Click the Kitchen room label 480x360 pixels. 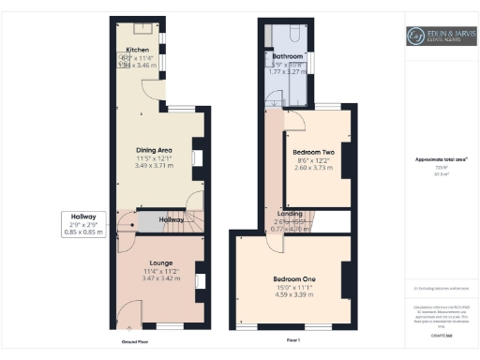coord(138,50)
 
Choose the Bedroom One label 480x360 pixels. coord(292,279)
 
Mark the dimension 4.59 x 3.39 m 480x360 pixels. coord(292,296)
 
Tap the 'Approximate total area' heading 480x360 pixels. coord(441,159)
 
